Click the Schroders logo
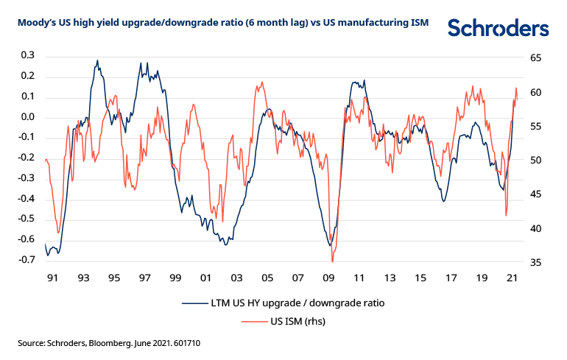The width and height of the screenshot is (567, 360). pyautogui.click(x=499, y=28)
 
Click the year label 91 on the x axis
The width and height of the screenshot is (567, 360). pyautogui.click(x=52, y=279)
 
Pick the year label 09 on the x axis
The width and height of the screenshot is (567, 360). pyautogui.click(x=329, y=279)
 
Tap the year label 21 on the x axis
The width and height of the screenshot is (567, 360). pyautogui.click(x=514, y=279)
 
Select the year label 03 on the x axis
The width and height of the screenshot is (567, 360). pyautogui.click(x=236, y=279)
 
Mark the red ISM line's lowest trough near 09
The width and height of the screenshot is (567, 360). pyautogui.click(x=332, y=261)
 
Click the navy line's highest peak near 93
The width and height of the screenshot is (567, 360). pyautogui.click(x=97, y=60)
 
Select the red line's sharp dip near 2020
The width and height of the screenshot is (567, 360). pyautogui.click(x=507, y=215)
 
